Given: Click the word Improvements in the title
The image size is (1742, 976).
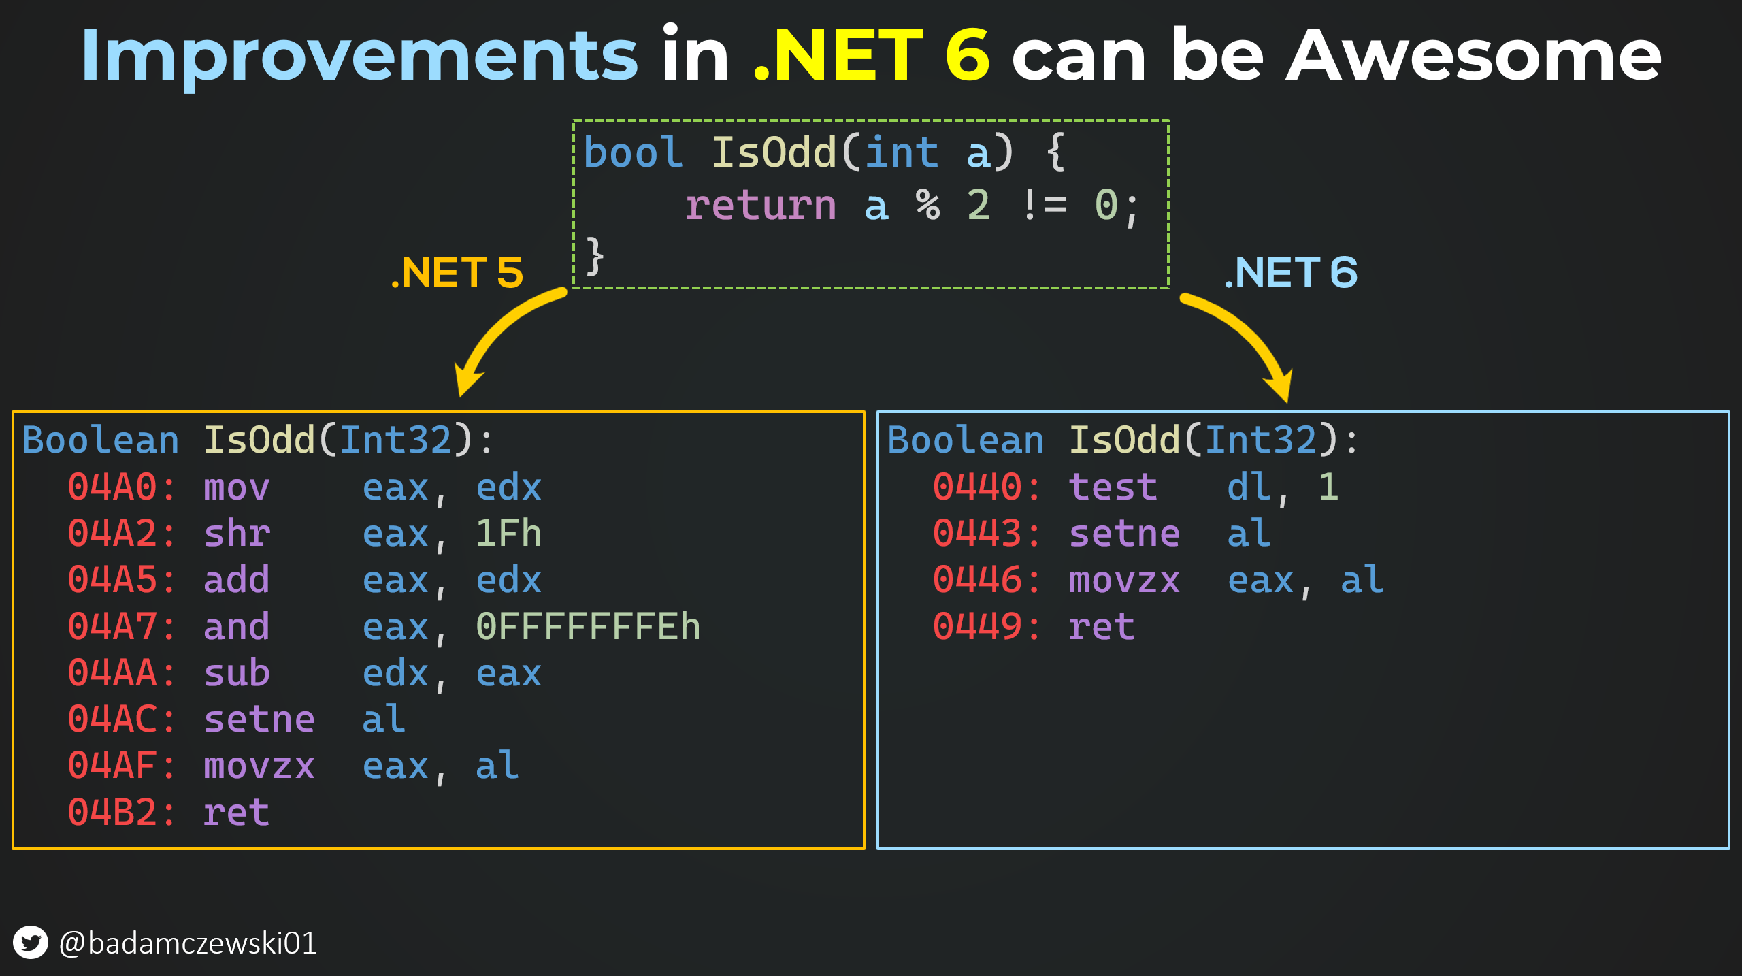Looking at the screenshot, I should pos(359,56).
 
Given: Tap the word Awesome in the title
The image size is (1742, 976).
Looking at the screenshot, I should pos(1473,56).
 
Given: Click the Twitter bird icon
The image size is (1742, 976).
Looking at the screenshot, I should pos(31,943).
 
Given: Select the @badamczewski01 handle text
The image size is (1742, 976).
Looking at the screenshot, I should pos(188,943).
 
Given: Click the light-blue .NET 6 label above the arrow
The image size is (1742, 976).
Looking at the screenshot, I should pos(1291,272).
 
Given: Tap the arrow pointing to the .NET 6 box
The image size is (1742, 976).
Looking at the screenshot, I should pos(1245,337).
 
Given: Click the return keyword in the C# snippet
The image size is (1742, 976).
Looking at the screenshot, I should pos(760,206).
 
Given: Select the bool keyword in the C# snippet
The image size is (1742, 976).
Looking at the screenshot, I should pos(633,152).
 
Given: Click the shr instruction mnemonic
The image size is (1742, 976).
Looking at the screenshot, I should pos(237,534).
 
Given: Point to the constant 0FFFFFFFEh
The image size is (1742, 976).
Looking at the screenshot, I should pos(588,627).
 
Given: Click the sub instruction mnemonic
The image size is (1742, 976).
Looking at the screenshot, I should pos(237,673).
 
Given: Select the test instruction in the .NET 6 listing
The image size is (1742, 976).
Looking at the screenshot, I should pos(1113,487).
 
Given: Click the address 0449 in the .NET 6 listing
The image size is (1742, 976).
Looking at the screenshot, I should pos(978,627).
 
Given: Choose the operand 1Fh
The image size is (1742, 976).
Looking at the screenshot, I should pos(508,534).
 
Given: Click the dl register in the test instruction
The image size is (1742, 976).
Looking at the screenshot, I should pos(1249,487).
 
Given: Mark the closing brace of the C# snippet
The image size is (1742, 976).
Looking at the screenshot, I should pos(595,256).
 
